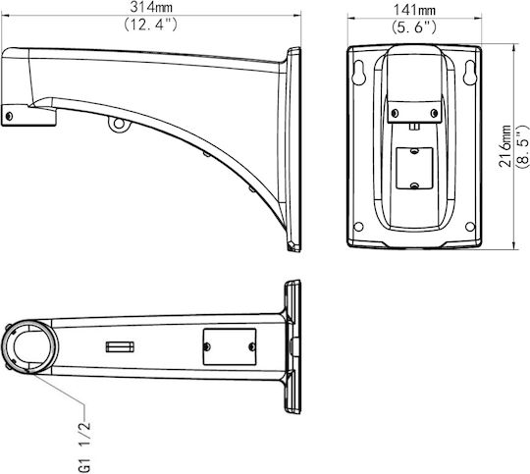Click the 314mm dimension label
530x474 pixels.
(x=151, y=7)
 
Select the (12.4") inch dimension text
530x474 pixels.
(x=150, y=25)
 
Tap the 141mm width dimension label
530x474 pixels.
(x=414, y=10)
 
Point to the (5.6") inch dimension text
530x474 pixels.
(x=414, y=27)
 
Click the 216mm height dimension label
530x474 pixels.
(x=505, y=145)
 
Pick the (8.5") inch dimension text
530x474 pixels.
(x=522, y=145)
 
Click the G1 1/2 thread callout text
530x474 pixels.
(x=84, y=447)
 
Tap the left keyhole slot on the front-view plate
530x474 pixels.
(x=358, y=72)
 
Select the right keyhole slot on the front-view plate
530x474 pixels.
(x=469, y=72)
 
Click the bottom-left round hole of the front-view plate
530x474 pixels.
(x=358, y=226)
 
